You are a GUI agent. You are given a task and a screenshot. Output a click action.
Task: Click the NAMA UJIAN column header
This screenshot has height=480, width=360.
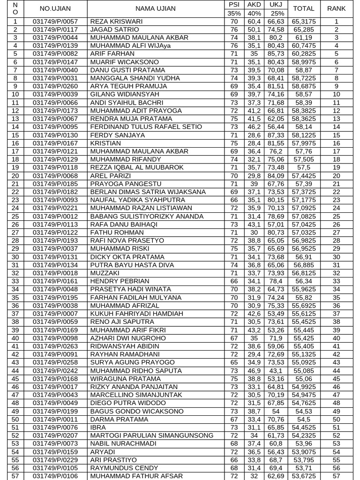tap(155, 8)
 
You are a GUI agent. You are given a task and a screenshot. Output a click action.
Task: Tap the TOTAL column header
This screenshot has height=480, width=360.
tap(303, 8)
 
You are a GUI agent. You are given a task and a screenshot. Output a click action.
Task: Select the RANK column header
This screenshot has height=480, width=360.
tap(336, 8)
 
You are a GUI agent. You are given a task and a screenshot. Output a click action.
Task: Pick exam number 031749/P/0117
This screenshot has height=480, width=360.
tap(55, 30)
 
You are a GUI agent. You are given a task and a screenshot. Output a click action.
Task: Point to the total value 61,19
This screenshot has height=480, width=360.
tap(303, 37)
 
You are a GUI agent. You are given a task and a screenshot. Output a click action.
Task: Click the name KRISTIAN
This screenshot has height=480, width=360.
tap(105, 143)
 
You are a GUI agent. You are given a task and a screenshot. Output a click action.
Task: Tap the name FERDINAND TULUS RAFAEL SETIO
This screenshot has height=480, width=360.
tap(146, 127)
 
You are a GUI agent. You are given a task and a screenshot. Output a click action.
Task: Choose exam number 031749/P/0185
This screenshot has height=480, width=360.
tap(55, 184)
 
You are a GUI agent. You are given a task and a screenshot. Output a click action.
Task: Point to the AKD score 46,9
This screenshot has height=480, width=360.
tap(254, 370)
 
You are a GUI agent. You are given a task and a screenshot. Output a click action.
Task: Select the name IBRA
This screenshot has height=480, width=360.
tap(97, 427)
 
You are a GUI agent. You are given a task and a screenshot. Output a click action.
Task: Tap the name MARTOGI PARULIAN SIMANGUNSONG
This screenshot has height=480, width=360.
tap(151, 435)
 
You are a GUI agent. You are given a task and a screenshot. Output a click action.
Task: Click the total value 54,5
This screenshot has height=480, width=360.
tap(303, 419)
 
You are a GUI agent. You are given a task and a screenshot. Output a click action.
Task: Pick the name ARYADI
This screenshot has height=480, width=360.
tap(102, 452)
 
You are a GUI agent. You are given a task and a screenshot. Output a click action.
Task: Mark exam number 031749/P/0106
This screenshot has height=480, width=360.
tap(55, 476)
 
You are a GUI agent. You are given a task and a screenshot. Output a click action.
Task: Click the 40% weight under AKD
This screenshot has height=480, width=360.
tap(254, 14)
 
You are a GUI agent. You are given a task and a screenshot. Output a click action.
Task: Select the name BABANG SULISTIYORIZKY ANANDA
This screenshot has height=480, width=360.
tap(147, 216)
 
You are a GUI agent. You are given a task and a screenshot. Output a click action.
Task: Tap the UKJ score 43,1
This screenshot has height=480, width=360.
tap(276, 370)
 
